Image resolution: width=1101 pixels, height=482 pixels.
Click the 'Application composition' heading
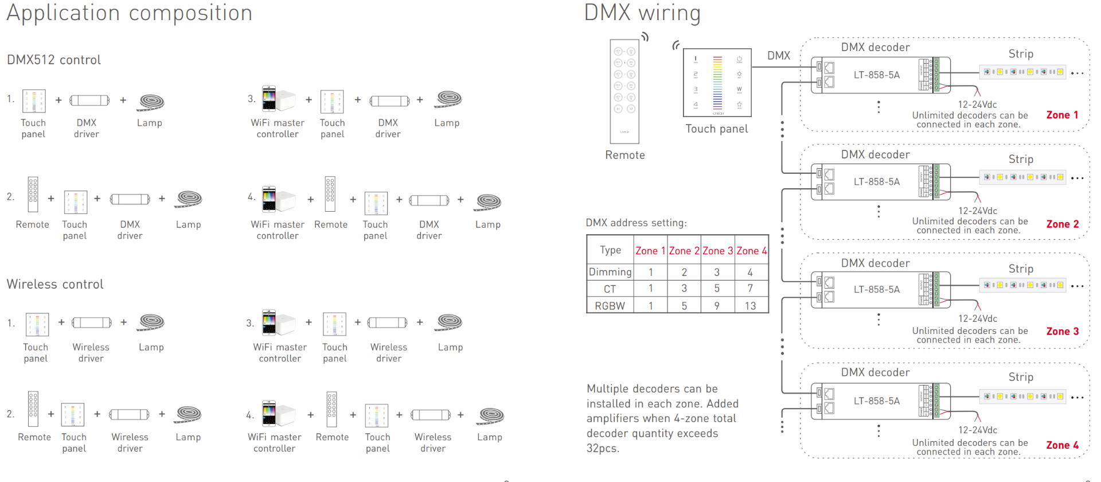129,13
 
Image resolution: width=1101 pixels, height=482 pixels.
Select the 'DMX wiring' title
642,13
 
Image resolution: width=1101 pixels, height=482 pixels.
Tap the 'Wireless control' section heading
55,284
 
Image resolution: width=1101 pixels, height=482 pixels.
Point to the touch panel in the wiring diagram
717,83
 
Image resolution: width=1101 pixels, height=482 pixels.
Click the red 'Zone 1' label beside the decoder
1062,115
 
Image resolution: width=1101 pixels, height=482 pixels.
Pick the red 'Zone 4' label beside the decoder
1062,445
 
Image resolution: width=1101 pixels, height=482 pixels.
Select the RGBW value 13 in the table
750,306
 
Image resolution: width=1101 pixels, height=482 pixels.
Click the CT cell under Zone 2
684,289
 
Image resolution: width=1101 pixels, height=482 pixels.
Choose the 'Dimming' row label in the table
610,272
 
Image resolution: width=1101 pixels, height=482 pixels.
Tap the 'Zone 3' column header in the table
717,251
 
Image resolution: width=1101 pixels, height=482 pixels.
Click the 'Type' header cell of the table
610,250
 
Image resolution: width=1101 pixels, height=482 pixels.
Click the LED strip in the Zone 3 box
1022,285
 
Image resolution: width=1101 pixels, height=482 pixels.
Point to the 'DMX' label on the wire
779,56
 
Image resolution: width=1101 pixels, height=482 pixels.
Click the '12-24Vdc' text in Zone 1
977,104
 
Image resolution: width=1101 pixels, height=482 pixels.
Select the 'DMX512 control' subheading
54,60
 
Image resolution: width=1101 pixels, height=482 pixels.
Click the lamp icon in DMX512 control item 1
151,102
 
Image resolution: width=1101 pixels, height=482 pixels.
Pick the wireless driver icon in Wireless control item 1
92,322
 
